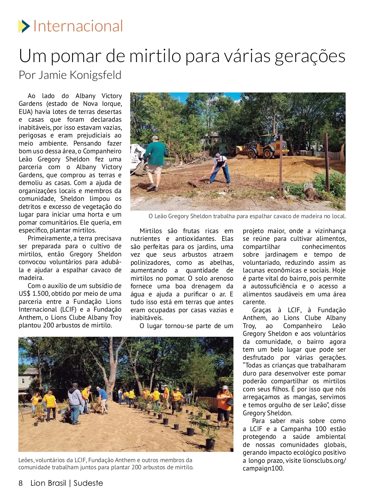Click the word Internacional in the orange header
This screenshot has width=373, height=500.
click(x=78, y=26)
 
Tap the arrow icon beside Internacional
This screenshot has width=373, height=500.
click(x=24, y=26)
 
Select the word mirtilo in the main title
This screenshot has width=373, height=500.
click(x=155, y=56)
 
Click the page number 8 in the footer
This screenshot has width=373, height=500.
click(x=21, y=483)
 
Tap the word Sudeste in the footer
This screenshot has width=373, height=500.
click(x=88, y=483)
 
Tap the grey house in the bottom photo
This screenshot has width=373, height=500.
click(x=26, y=380)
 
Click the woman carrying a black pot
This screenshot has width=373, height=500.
click(x=224, y=405)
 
